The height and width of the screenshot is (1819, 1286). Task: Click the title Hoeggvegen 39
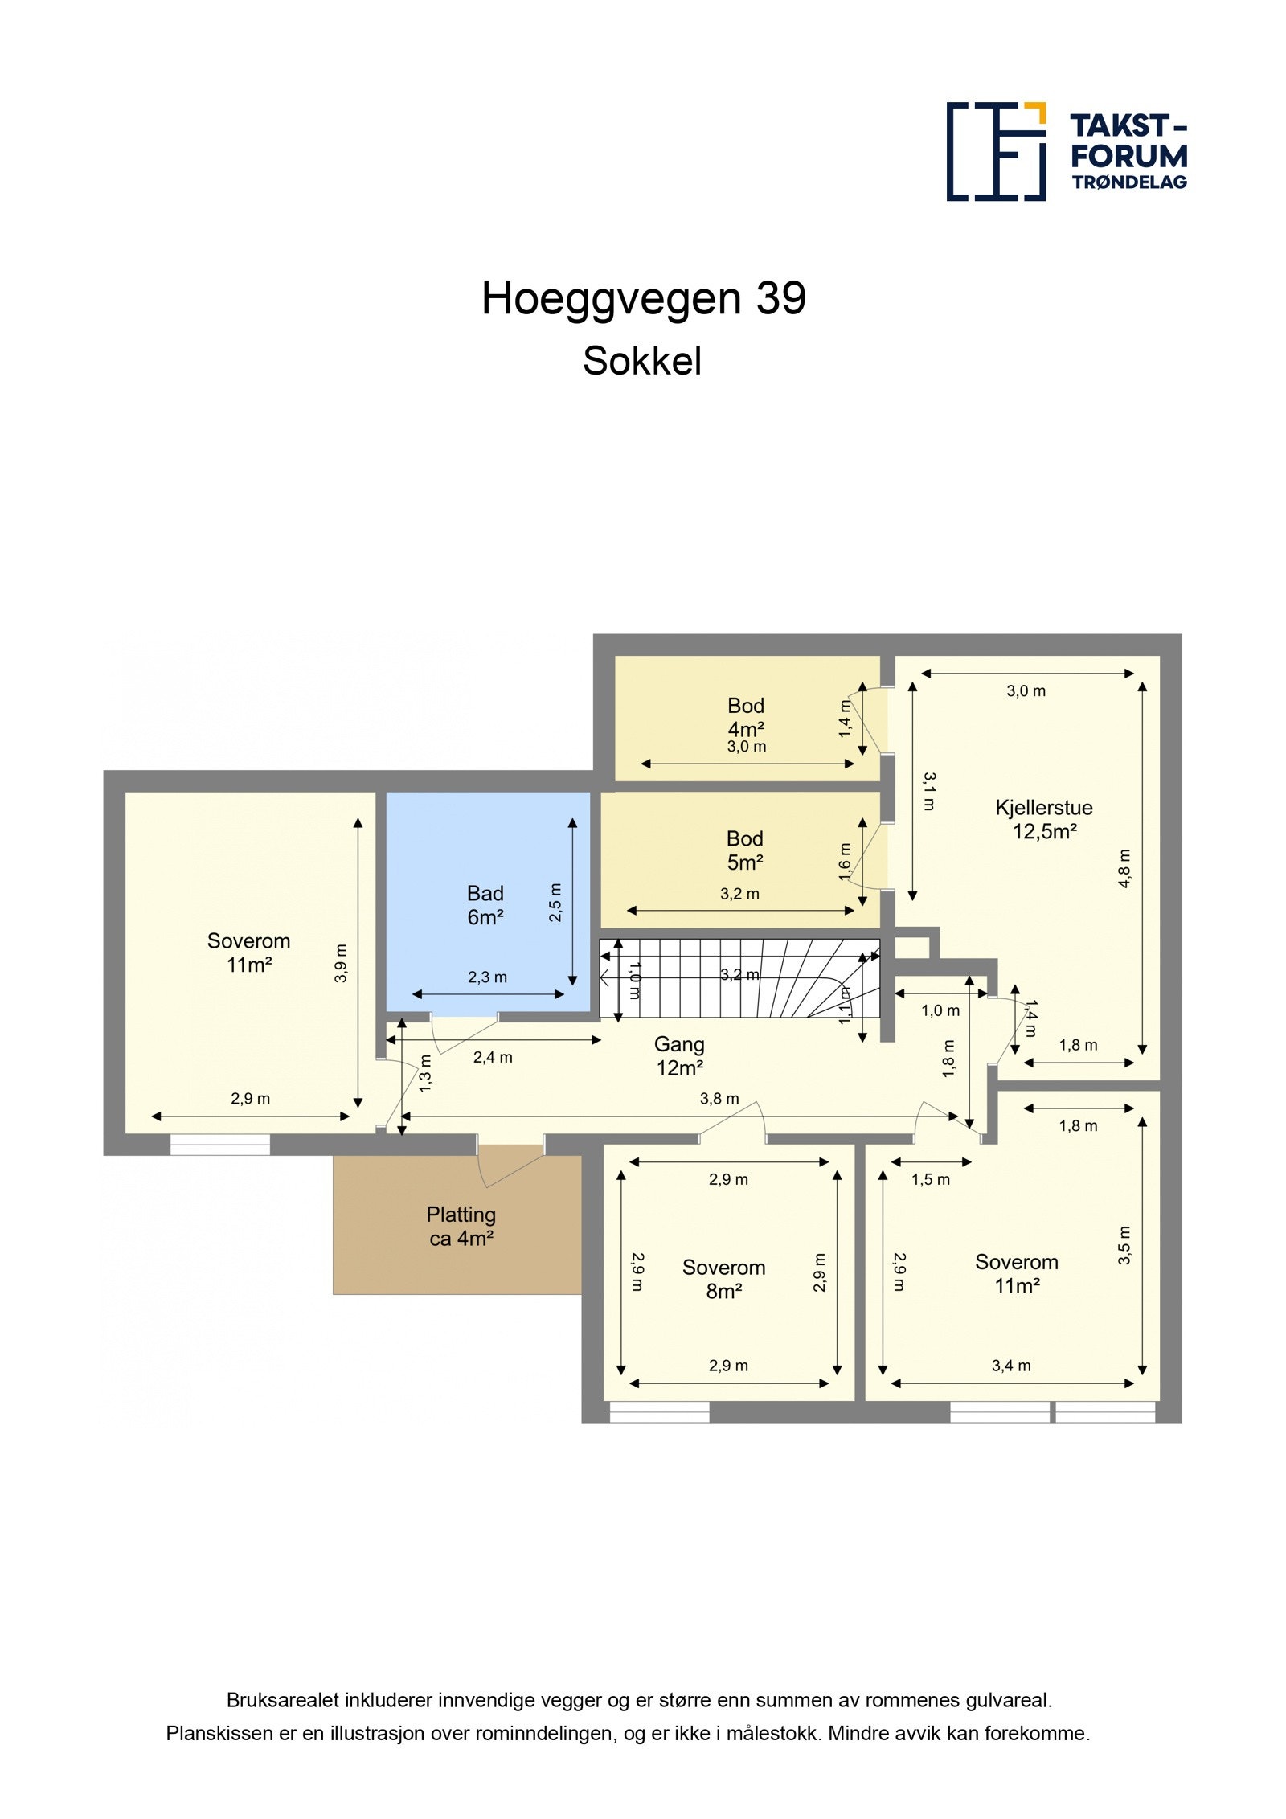pyautogui.click(x=643, y=298)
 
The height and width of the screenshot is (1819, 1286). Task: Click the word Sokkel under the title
pyautogui.click(x=641, y=361)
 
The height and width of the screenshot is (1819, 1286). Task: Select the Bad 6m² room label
pyautogui.click(x=485, y=905)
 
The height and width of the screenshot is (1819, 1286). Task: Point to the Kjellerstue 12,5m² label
pyautogui.click(x=1043, y=819)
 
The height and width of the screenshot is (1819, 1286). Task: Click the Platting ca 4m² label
pyautogui.click(x=461, y=1226)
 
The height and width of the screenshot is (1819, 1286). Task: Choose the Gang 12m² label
pyautogui.click(x=679, y=1055)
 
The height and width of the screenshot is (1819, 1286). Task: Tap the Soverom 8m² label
pyautogui.click(x=723, y=1279)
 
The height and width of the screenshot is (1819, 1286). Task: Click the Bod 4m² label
pyautogui.click(x=745, y=717)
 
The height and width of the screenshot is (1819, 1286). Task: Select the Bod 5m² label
pyautogui.click(x=744, y=850)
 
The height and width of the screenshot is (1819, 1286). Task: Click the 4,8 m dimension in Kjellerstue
pyautogui.click(x=1124, y=868)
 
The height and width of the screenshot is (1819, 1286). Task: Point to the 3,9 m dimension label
pyautogui.click(x=341, y=963)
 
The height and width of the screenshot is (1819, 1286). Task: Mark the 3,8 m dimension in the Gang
pyautogui.click(x=719, y=1099)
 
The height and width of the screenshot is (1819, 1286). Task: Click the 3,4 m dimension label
pyautogui.click(x=1010, y=1366)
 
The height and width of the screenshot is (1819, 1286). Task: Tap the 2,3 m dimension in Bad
pyautogui.click(x=487, y=977)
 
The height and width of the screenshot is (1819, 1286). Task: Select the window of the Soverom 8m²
pyautogui.click(x=659, y=1411)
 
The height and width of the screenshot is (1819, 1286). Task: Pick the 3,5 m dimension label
pyautogui.click(x=1124, y=1245)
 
